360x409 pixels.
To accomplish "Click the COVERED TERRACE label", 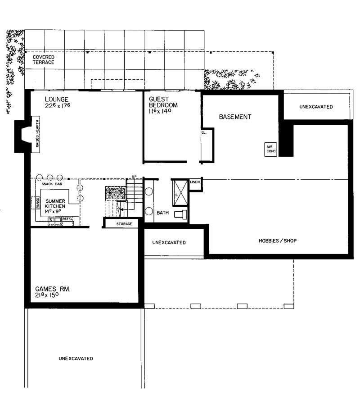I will (44, 59).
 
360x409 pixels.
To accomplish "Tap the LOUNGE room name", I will (56, 99).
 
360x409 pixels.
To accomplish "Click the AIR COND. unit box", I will (270, 150).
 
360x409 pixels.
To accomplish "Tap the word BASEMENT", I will (235, 117).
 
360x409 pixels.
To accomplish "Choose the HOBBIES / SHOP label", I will (277, 241).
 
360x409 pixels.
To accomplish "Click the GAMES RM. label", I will (53, 289).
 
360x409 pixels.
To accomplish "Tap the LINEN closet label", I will (195, 182).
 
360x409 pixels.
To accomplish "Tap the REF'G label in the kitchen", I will (67, 219).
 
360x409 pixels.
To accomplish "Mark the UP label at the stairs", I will (134, 176).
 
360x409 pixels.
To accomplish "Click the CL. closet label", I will (203, 133).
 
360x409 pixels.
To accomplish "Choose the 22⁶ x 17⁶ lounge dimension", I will (58, 106).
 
